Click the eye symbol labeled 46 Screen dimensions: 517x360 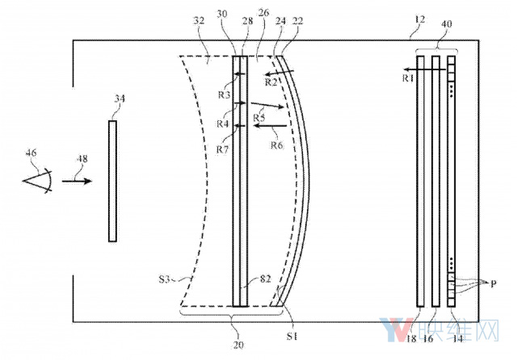pyautogui.click(x=38, y=181)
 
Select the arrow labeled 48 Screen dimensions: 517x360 pyautogui.click(x=77, y=181)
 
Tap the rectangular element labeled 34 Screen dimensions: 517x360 pyautogui.click(x=112, y=181)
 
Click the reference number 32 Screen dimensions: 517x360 pyautogui.click(x=199, y=21)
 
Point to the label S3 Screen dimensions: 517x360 pyautogui.click(x=164, y=279)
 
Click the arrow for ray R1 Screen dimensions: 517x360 pyautogui.click(x=425, y=69)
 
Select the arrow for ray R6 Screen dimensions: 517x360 pyautogui.click(x=271, y=125)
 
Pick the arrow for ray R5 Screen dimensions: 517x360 pyautogui.click(x=267, y=105)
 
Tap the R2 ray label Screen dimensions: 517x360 pyautogui.click(x=271, y=82)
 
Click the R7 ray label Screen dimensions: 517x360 pyautogui.click(x=223, y=149)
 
